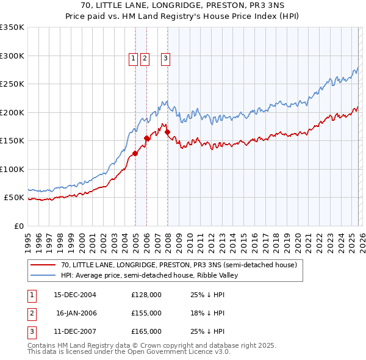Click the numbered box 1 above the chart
pos(134,59)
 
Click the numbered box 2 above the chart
pos(145,59)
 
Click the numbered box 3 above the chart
pos(165,59)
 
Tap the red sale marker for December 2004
pos(135,153)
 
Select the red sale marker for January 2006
pos(146,138)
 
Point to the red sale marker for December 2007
pos(167,132)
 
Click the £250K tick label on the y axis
pos(12,84)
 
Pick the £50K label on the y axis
pos(14,198)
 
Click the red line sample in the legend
pos(43,265)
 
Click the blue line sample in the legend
pos(43,275)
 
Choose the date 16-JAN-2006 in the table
pos(76,313)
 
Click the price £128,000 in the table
pos(146,295)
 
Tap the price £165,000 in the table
pos(146,331)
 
